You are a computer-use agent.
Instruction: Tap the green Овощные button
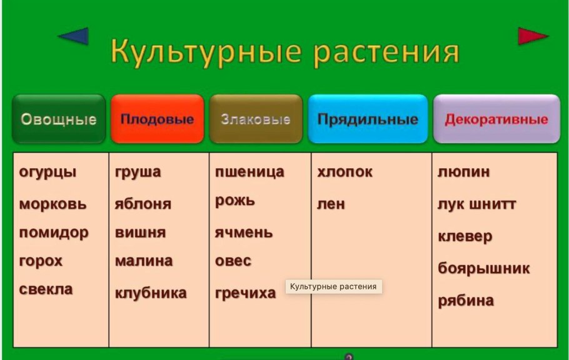pos(59,119)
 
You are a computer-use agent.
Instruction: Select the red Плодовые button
pos(157,119)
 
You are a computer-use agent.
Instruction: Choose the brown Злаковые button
pos(256,119)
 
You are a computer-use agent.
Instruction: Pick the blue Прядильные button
pos(368,119)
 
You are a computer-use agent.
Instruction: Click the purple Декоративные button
pos(496,119)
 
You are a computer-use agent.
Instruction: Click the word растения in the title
pos(386,52)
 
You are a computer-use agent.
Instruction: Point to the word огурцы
pos(48,172)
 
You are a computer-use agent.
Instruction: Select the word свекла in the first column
pos(46,289)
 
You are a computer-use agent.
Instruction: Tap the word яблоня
pos(143,204)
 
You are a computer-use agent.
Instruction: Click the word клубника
pos(150,292)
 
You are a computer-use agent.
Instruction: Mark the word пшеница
pos(249,172)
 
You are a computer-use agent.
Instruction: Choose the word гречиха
pos(245,292)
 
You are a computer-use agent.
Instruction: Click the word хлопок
pos(345,172)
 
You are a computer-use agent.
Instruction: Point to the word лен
pos(331,204)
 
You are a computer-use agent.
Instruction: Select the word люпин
pos(463,172)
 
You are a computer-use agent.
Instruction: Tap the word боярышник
pos(483,269)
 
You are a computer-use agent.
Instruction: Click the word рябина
pos(465,301)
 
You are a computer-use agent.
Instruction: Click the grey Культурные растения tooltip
pos(333,286)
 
